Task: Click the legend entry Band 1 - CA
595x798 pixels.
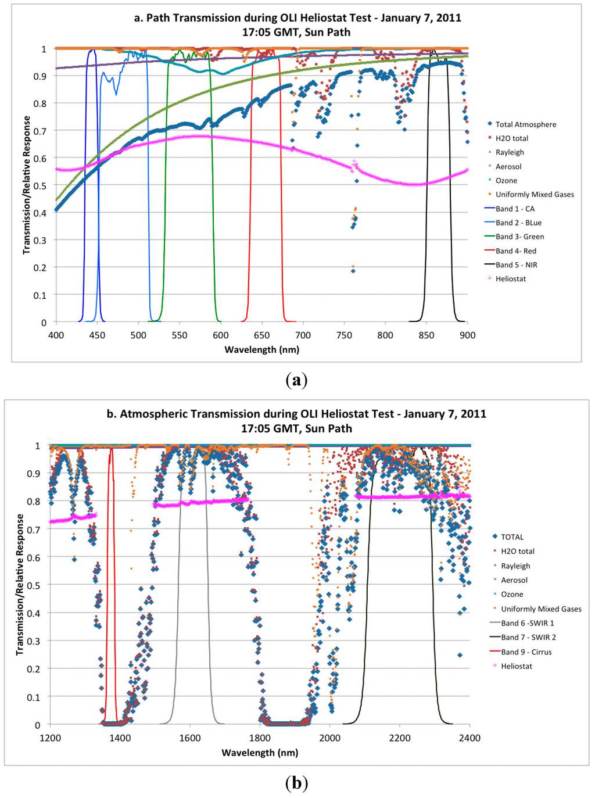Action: point(514,209)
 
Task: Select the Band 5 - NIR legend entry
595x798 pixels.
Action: point(516,265)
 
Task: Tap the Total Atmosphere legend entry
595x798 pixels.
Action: point(525,124)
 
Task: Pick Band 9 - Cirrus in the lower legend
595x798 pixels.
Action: point(526,652)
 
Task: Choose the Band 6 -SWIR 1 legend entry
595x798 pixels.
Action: point(527,623)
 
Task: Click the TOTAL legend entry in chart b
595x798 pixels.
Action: point(512,537)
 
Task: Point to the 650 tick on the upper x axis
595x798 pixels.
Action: point(261,335)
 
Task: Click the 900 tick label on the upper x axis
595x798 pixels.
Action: point(467,335)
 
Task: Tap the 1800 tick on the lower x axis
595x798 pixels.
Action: point(260,738)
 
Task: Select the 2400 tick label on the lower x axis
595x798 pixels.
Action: point(469,738)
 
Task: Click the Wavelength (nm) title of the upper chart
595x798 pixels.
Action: point(261,350)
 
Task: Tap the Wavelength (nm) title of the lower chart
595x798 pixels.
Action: point(260,753)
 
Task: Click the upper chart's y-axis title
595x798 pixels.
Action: point(26,185)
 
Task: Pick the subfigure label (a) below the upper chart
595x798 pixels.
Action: point(296,380)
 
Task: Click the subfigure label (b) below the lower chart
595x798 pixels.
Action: point(296,783)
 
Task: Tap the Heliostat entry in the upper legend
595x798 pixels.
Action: point(510,279)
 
